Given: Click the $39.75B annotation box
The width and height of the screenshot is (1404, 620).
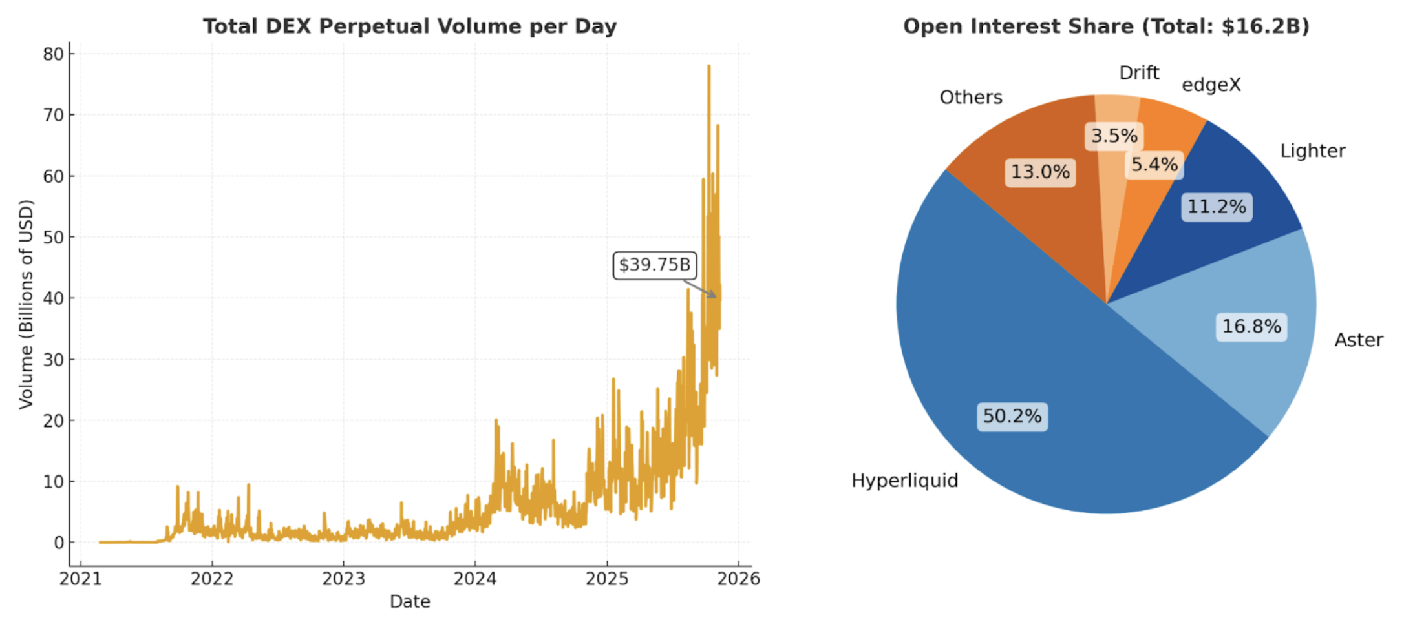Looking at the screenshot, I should click(x=654, y=265).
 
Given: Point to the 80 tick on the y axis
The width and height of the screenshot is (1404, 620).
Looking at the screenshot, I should click(x=54, y=54).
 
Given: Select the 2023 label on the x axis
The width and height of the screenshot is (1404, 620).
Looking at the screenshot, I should click(x=343, y=579).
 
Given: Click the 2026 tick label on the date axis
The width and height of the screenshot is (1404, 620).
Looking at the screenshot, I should click(x=739, y=579).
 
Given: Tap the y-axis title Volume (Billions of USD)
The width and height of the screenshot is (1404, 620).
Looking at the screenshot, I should click(x=26, y=304).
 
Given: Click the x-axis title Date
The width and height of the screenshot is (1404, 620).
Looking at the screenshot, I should click(x=410, y=602).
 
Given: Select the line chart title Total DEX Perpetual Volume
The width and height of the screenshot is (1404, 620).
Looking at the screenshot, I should click(x=410, y=26).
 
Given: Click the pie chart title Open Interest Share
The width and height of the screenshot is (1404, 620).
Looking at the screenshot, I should click(x=1106, y=26).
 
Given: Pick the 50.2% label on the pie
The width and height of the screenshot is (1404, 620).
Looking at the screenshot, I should click(x=1012, y=416).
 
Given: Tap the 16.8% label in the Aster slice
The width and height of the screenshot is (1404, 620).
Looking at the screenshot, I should click(x=1251, y=326).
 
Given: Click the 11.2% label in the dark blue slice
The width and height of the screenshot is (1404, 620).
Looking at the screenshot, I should click(x=1217, y=207).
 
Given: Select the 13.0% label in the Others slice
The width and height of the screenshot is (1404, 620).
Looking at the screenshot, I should click(x=1040, y=172).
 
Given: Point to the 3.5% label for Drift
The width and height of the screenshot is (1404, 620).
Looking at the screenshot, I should click(x=1114, y=136).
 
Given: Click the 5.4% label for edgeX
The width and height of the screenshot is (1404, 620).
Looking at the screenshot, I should click(x=1154, y=165).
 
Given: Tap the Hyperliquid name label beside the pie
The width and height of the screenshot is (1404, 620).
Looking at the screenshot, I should click(x=904, y=480).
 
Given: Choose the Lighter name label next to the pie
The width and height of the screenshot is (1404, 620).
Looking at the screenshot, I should click(x=1313, y=151).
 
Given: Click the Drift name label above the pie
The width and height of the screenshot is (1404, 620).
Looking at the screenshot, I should click(x=1139, y=73).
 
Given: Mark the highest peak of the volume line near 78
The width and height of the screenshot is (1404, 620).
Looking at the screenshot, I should click(x=708, y=66).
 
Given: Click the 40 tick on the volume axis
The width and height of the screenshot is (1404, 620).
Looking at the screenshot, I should click(x=54, y=298).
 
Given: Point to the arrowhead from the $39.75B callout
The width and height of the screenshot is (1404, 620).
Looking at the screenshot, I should click(x=715, y=296).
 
